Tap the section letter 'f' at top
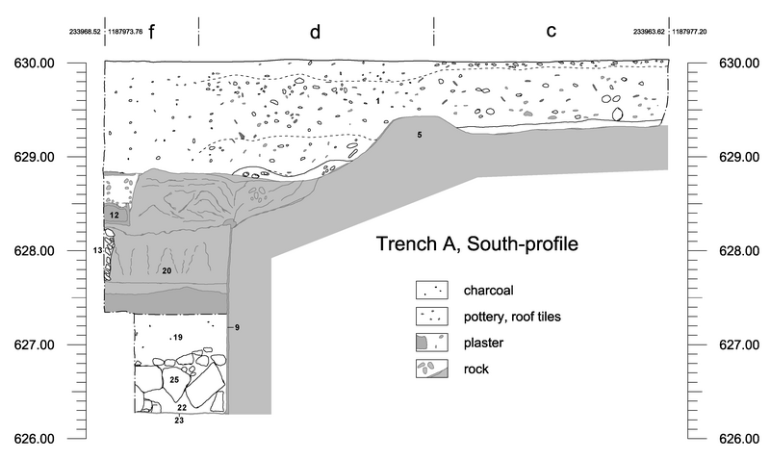(x=151, y=31)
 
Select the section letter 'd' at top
(x=315, y=32)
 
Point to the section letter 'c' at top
(x=551, y=32)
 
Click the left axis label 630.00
(x=33, y=64)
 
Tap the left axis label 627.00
(x=33, y=344)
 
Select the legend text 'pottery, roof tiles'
(x=512, y=316)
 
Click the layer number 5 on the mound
(x=420, y=135)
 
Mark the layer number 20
(x=167, y=271)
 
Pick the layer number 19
(x=177, y=337)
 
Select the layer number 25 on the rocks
(x=174, y=380)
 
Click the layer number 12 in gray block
(x=114, y=215)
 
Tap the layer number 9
(x=237, y=328)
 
